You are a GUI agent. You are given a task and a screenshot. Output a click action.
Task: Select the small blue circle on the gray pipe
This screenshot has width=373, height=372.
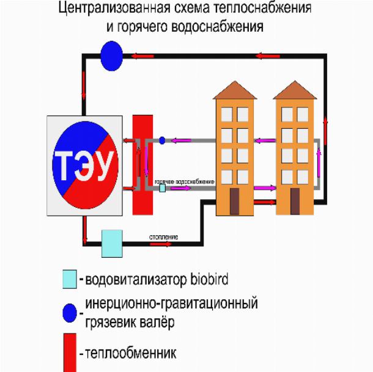point(162,140)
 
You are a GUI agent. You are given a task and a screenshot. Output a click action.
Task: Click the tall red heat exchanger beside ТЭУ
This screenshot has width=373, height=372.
point(142,164)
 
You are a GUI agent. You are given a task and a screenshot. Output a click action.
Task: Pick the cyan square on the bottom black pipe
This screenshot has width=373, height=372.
point(112,243)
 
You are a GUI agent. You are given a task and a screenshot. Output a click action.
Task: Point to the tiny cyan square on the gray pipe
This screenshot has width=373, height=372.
point(162,189)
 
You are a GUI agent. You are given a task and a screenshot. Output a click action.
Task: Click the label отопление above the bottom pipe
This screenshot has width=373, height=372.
point(163,235)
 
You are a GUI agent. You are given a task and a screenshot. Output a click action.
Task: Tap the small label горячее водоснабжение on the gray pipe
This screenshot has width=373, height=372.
point(185,182)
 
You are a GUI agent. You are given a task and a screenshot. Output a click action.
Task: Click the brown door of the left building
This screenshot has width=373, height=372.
point(235,201)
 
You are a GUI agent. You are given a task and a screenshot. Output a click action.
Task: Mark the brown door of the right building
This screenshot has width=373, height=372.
point(296,201)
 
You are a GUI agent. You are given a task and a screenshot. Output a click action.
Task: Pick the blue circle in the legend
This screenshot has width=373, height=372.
point(70,312)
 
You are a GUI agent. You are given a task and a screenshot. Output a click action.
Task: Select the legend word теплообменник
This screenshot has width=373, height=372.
point(131,353)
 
